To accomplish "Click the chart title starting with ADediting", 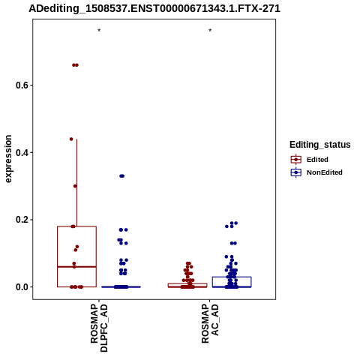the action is tap(154, 9).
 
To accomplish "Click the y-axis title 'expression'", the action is tap(8, 159).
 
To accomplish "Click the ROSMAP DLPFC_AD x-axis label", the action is tap(99, 328).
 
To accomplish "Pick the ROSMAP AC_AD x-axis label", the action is tap(210, 323).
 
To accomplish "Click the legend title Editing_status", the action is tap(320, 145).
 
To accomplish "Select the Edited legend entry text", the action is tap(317, 160).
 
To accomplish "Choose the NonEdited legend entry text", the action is tap(325, 172).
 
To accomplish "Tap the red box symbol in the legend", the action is tap(296, 160).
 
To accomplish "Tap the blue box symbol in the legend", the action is tap(296, 172).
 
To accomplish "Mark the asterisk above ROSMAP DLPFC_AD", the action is tap(99, 31).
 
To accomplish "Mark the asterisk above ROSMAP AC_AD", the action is tap(210, 31).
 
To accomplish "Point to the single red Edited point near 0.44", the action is tap(71, 139).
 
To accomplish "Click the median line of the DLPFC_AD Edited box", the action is tap(76, 267).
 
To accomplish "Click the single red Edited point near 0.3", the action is tap(75, 186).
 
